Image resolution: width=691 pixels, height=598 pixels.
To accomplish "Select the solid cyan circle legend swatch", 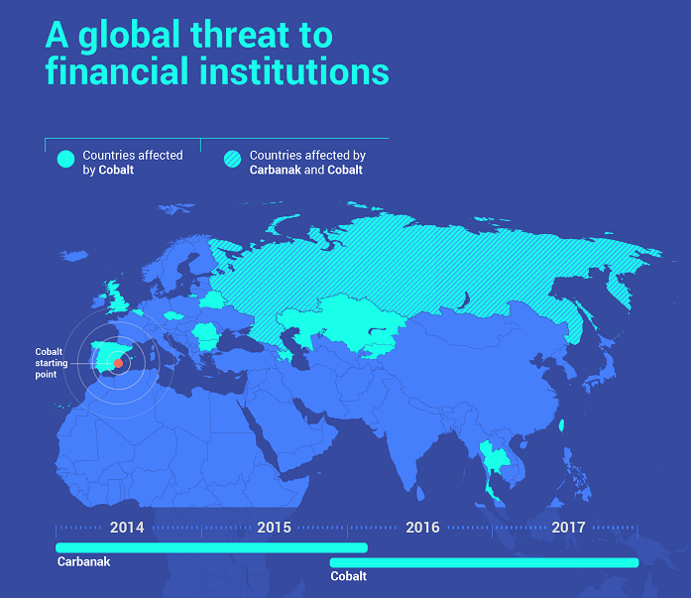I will coord(65,158).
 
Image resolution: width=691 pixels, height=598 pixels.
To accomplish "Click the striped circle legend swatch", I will coord(232,158).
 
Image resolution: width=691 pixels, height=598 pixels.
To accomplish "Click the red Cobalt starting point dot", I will coord(118,363).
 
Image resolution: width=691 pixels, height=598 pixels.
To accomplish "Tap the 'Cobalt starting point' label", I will coord(50,363).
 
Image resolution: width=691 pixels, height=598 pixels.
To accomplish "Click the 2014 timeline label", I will coord(128,527).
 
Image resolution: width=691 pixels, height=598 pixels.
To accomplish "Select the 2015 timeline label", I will coord(274,527).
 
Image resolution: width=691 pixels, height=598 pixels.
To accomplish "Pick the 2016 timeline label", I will coord(422,527).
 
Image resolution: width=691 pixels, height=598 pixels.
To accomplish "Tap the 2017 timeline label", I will coord(568,527).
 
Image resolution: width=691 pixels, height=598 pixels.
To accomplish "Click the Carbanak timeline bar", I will coord(211,547).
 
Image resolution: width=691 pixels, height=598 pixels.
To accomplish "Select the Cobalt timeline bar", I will coord(484,563).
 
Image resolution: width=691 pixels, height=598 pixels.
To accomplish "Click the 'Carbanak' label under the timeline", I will coord(83,562).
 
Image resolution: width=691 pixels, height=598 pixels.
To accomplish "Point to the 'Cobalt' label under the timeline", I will coord(348,576).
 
